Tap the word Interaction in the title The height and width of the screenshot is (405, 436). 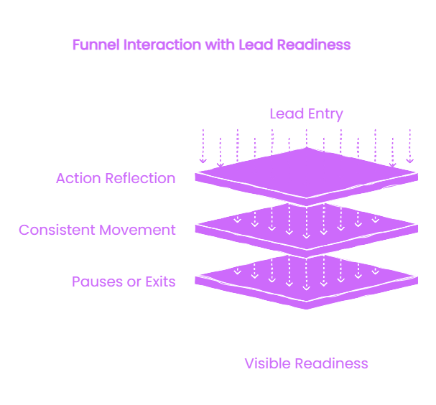coord(162,45)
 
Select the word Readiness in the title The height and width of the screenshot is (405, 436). coord(314,45)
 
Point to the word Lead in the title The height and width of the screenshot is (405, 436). coord(256,45)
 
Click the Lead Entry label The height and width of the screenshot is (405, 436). coord(307,114)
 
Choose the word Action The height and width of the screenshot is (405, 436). coord(78,178)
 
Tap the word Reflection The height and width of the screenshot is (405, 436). coord(140,178)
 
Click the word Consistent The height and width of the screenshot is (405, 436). coord(57,230)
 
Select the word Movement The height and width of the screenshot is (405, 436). coord(137,230)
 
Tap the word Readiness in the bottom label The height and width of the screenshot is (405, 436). coord(331,363)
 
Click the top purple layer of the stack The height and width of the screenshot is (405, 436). coord(307,176)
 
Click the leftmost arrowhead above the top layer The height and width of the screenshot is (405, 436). coord(203,161)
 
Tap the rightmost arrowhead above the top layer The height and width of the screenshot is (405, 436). coord(410,161)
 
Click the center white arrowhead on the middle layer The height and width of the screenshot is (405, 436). coord(307,236)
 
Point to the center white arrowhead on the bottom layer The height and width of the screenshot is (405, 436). coord(307,288)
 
